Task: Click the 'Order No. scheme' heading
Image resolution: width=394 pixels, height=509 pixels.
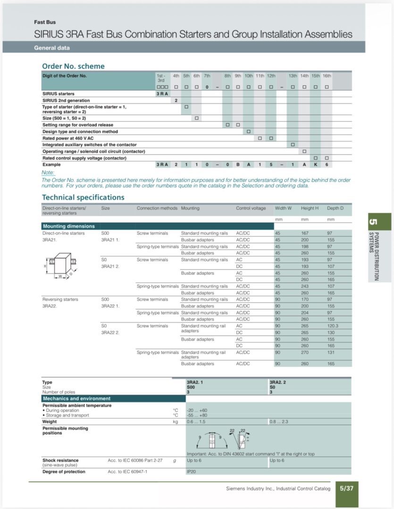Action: tap(73, 66)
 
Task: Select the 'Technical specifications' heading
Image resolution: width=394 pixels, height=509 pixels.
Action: tap(83, 197)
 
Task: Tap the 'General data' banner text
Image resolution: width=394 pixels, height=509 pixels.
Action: tap(52, 48)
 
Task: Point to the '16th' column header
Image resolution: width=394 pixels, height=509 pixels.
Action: tap(327, 75)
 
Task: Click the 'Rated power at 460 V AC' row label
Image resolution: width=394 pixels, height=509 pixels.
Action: tap(68, 138)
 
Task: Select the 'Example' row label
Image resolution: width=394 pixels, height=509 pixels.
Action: tap(51, 164)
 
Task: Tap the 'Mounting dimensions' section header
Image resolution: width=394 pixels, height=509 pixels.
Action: tap(68, 226)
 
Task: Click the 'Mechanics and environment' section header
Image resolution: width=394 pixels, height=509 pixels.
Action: tap(76, 399)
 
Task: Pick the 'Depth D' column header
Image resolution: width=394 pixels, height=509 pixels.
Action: tap(335, 208)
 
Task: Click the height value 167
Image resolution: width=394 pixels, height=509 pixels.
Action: tap(305, 233)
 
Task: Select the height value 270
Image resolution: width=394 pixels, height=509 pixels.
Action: tap(305, 353)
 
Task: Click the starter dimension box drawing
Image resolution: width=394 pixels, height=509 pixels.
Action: tap(60, 265)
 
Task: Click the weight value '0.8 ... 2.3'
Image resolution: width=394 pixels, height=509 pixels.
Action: tap(279, 422)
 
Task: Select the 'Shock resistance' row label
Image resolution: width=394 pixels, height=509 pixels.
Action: tap(60, 460)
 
